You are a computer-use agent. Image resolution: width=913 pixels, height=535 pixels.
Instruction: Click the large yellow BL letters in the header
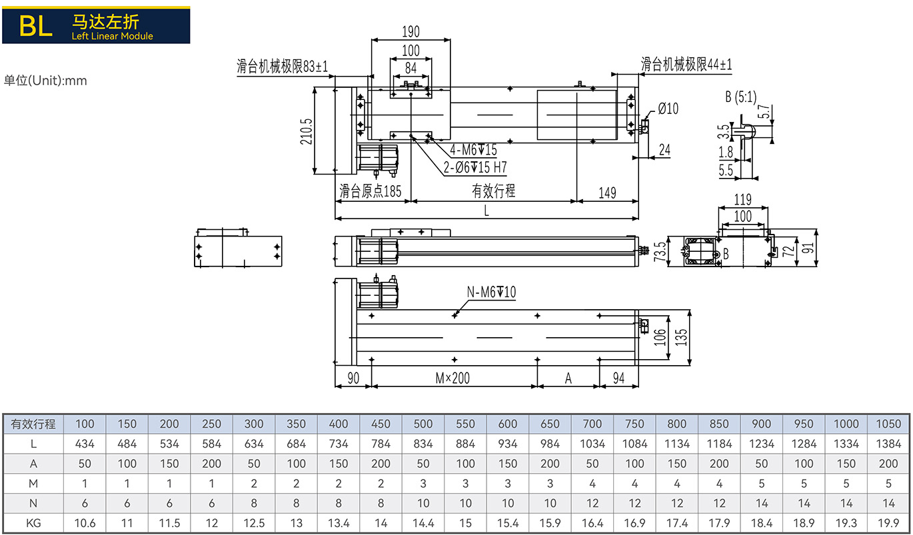point(36,26)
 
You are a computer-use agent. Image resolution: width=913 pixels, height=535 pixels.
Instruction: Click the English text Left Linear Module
point(113,36)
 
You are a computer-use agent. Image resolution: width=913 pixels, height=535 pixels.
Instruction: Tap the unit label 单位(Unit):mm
point(45,80)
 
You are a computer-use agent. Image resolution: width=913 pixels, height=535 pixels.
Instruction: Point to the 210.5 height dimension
point(306,131)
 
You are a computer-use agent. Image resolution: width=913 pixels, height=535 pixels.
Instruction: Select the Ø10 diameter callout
point(668,109)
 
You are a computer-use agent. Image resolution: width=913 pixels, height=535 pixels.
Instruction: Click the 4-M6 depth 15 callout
point(473,150)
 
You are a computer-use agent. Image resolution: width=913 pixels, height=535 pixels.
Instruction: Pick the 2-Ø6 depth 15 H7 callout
point(475,167)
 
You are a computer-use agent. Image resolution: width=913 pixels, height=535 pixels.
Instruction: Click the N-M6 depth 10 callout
point(491,292)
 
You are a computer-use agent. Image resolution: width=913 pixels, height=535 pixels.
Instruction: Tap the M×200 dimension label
point(453,378)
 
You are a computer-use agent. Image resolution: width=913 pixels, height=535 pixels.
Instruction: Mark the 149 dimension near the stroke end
point(607,193)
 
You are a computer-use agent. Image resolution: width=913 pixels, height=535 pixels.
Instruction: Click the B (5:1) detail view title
point(740,97)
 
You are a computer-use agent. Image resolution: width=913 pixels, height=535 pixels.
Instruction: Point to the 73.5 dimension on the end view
point(660,251)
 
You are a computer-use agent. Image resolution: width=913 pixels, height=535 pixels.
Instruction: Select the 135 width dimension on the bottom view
point(681,337)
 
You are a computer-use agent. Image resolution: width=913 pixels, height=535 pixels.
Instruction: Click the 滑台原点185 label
point(370,191)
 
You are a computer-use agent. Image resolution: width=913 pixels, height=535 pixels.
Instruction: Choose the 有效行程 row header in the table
point(33,424)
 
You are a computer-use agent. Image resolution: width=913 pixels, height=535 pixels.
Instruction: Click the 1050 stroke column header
point(888,424)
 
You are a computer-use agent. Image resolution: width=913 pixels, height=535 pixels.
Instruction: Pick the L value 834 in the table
point(423,444)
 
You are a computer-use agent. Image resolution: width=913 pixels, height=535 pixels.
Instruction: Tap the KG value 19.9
point(888,523)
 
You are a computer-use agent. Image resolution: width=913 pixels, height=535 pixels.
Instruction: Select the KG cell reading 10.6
point(85,523)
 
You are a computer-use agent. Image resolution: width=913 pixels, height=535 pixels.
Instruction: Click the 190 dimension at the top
point(411,31)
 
